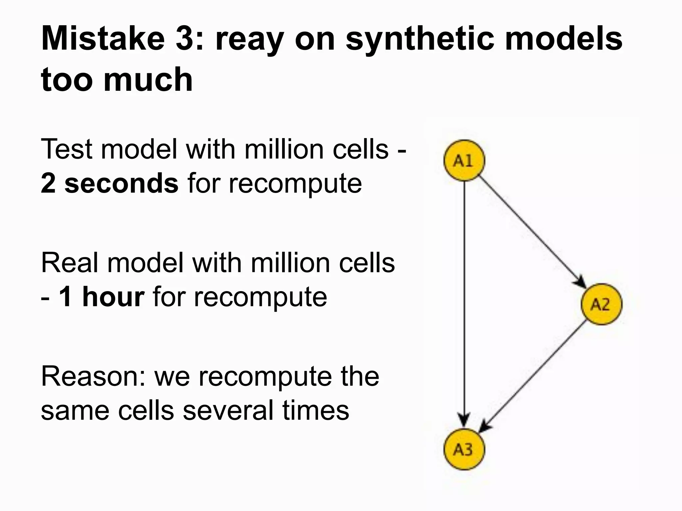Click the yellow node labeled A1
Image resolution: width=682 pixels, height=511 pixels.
point(464,161)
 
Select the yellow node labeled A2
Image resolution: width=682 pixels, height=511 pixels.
point(601,304)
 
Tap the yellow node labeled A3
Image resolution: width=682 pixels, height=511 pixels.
point(464,449)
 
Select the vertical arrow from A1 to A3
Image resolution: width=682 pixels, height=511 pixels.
point(464,299)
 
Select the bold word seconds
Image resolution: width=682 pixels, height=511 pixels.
point(122,183)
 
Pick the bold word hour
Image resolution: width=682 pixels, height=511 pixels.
point(113,297)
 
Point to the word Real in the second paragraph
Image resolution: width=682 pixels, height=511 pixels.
point(70,263)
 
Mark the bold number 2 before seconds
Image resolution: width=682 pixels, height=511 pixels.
point(48,183)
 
